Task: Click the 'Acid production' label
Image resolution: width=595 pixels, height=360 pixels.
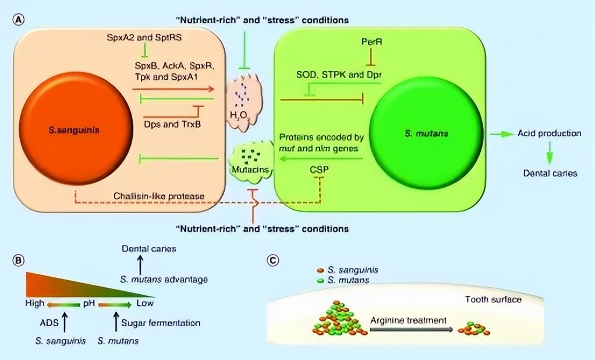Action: pos(550,133)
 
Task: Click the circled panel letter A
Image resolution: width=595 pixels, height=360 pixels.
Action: pos(19,19)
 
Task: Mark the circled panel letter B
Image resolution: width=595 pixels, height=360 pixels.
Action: pos(19,260)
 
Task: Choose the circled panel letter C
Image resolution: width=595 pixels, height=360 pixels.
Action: pos(272,260)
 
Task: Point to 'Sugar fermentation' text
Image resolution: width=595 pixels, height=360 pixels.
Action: pos(161,322)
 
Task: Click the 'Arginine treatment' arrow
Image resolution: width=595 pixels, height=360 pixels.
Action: pos(411,330)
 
